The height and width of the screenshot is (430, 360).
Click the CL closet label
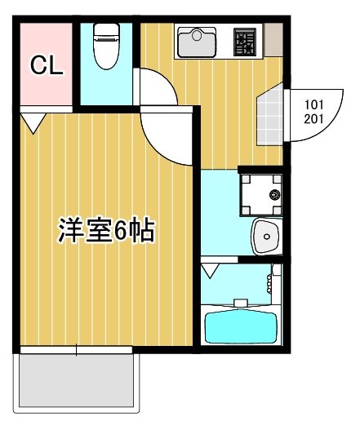47,66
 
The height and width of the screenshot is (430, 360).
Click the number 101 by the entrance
313,104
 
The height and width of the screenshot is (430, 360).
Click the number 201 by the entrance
313,118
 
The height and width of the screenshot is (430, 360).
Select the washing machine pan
260,194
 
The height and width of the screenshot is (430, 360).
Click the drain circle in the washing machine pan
273,195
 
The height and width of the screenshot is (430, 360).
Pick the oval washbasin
266,237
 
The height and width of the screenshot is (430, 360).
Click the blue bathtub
242,327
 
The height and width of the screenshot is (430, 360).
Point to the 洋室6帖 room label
106,231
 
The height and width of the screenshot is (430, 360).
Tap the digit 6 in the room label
121,232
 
